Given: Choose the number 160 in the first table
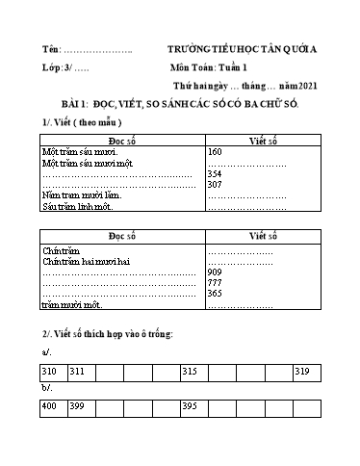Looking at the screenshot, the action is [x=215, y=152].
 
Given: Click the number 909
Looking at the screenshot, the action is [x=216, y=272].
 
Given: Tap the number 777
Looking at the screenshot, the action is [x=216, y=283].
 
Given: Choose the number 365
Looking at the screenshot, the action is [x=216, y=294].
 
